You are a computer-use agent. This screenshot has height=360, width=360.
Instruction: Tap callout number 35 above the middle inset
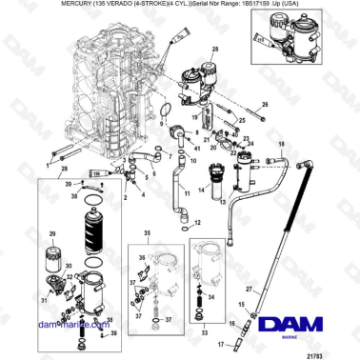(x=146, y=231)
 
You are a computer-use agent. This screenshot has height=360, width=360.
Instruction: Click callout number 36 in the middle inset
(x=141, y=257)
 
